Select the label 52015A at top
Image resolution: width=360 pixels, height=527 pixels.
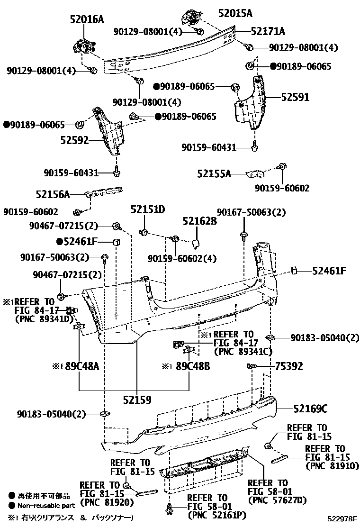click(x=235, y=13)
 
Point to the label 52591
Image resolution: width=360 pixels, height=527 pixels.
click(x=295, y=97)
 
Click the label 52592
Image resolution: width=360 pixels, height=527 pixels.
click(x=75, y=140)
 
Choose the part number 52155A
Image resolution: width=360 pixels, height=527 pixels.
click(x=214, y=174)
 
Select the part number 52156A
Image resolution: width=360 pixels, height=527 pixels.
click(x=53, y=194)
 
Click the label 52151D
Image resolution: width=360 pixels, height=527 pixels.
click(x=148, y=210)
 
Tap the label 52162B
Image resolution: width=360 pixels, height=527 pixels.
click(x=199, y=221)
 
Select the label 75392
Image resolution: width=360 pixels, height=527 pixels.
click(x=289, y=366)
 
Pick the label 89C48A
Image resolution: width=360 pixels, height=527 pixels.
click(x=81, y=366)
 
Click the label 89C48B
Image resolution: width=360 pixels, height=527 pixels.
click(x=192, y=366)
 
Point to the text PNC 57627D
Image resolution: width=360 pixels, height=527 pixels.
click(x=277, y=500)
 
